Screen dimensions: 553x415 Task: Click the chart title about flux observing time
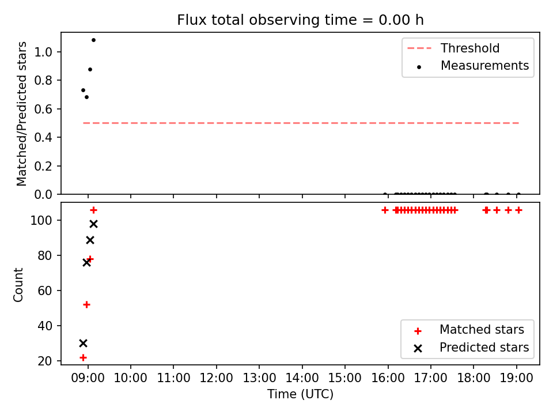pos(300,20)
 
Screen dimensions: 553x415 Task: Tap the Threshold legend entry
pos(453,48)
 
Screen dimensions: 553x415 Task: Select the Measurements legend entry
pos(472,66)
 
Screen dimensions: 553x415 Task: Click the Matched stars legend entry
pos(469,330)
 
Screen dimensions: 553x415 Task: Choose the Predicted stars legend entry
pos(471,348)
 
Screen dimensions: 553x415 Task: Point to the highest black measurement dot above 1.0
pos(93,40)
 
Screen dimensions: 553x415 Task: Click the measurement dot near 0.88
pos(90,70)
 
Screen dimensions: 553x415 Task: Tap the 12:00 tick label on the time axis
pos(216,378)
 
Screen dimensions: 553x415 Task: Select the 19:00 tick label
pos(517,378)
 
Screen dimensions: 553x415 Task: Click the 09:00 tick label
pos(88,378)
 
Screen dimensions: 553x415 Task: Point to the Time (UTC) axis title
pos(300,394)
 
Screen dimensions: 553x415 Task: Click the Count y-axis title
pos(18,285)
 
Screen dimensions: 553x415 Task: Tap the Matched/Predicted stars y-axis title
pos(21,114)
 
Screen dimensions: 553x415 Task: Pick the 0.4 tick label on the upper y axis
pos(43,138)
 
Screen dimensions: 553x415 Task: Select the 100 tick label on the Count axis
pos(41,221)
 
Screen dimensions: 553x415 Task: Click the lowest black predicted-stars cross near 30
pos(83,343)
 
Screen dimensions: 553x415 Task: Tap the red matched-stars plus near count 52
pos(86,304)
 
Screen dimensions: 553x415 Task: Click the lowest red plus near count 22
pos(83,357)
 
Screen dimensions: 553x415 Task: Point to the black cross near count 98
pos(93,224)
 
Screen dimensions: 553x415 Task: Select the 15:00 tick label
pos(345,378)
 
